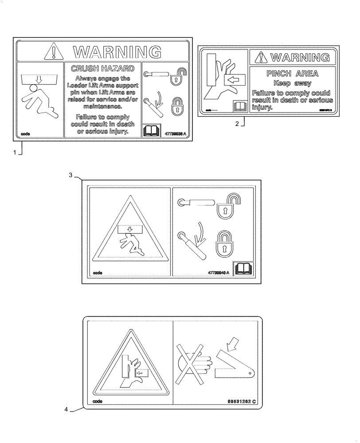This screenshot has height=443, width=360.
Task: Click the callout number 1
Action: point(15,153)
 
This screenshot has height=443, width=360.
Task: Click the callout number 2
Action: point(237,124)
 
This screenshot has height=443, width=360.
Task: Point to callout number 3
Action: point(71,175)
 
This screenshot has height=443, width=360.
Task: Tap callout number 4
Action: point(66,410)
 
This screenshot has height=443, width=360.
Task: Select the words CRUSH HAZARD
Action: point(102,68)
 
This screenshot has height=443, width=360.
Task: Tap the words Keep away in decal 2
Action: point(292,83)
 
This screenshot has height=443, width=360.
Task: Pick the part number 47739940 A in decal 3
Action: point(218,272)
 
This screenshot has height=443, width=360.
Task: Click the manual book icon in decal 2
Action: point(239,106)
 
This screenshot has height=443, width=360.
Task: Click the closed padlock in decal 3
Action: point(224,243)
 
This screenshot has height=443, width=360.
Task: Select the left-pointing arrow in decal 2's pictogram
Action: point(232,80)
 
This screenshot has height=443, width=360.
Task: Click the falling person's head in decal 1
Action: point(32,88)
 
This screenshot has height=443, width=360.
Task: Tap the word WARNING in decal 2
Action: point(300,57)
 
